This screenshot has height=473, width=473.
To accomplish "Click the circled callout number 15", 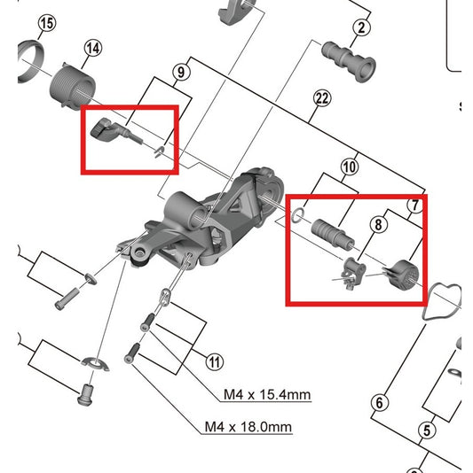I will (x=47, y=21).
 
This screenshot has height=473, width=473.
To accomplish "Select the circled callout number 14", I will (x=92, y=48).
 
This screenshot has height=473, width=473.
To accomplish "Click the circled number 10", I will (x=350, y=166).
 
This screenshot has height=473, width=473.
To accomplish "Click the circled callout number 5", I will (x=426, y=431).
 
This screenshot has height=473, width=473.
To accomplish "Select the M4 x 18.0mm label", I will (x=248, y=427).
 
